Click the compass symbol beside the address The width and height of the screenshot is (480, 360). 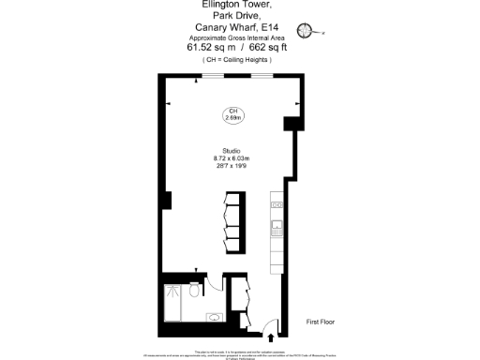[305, 29]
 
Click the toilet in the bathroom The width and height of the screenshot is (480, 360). [194, 292]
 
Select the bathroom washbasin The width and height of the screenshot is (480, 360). [214, 319]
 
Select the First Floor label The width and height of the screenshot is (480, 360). [321, 322]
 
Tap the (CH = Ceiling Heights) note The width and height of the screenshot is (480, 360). [239, 59]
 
